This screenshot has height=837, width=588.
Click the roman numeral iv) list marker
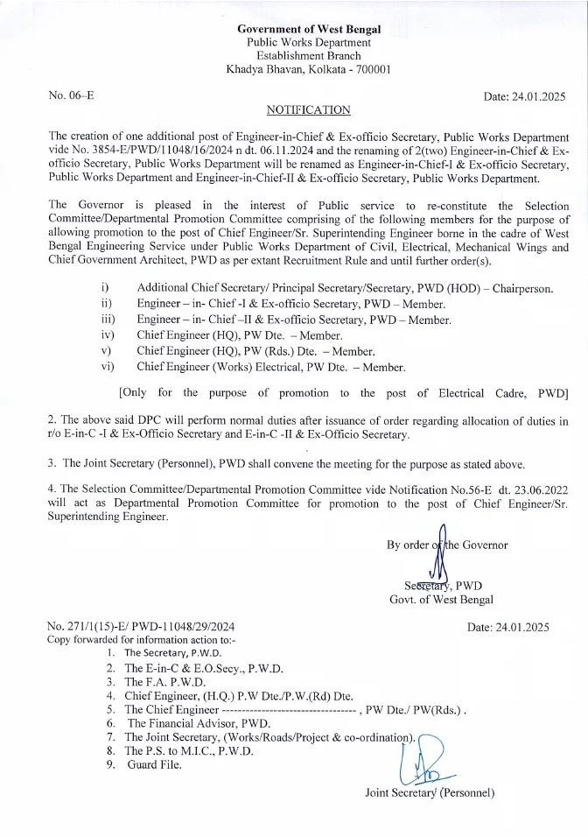(x=108, y=335)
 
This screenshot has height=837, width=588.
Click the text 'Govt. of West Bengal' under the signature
(x=441, y=600)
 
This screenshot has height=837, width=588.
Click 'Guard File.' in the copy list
(x=155, y=765)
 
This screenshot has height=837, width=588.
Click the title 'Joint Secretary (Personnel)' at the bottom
(x=430, y=793)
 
